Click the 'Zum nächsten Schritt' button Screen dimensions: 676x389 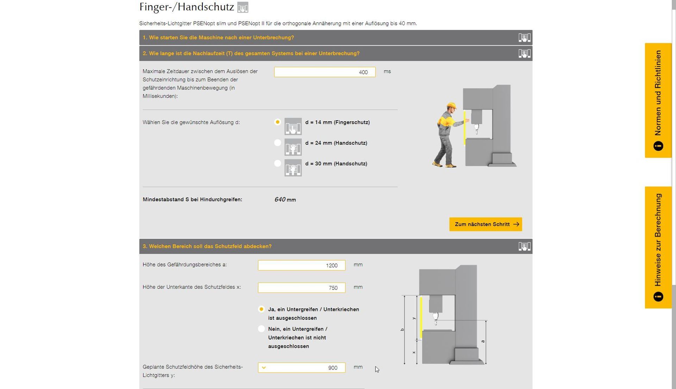coord(486,224)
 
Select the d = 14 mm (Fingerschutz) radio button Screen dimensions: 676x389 coord(277,122)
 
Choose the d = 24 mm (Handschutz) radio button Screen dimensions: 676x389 coord(277,143)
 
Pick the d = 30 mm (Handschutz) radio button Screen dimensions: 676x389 coord(277,164)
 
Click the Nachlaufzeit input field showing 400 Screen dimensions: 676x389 coord(325,72)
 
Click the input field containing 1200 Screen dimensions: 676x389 coord(301,265)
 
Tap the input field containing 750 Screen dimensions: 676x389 coord(301,288)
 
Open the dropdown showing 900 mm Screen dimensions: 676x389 coord(301,368)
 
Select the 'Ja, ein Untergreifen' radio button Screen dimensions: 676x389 coord(261,309)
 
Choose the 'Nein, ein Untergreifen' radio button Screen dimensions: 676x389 coord(261,329)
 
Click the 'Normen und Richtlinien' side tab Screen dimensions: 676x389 coord(658,100)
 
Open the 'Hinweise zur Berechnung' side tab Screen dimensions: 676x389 coord(658,247)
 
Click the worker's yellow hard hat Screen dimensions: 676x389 coord(451,106)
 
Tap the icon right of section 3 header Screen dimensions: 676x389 coord(524,246)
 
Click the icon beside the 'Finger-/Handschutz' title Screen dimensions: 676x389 coord(243,7)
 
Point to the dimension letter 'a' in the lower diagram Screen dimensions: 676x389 coord(483,341)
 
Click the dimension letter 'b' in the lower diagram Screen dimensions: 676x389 coord(402,330)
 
